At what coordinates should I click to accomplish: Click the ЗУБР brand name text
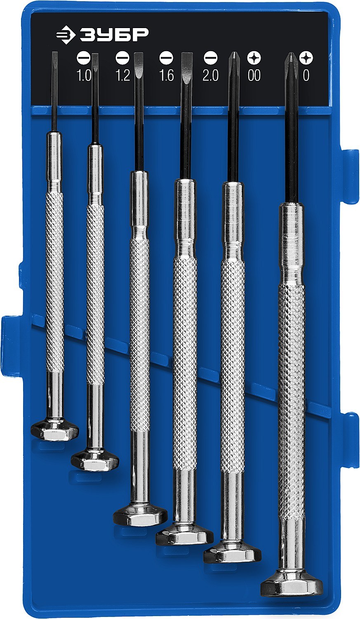(x=114, y=35)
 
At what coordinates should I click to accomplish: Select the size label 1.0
(x=84, y=76)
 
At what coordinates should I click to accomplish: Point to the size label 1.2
(x=122, y=76)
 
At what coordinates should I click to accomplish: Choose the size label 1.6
(x=167, y=76)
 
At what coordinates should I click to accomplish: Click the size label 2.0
(x=211, y=76)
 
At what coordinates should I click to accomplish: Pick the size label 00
(x=254, y=76)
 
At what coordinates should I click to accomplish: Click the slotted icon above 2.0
(x=211, y=58)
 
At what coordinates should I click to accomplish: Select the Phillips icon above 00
(x=254, y=58)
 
